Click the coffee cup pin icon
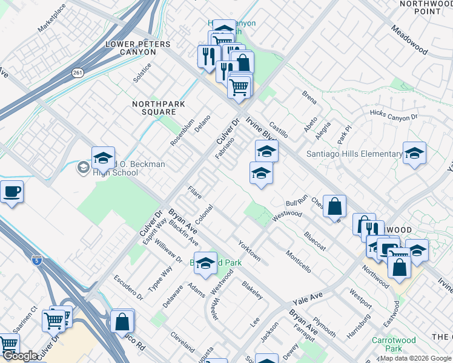point(11,192)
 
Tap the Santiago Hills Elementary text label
point(354,154)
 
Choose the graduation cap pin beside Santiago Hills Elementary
point(414,154)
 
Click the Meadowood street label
point(411,40)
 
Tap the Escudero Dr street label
point(128,288)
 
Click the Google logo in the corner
point(20,356)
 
